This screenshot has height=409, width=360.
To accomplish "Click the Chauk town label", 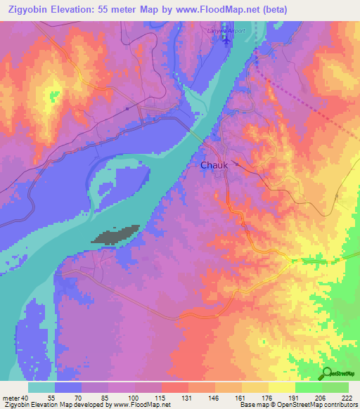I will (x=214, y=165).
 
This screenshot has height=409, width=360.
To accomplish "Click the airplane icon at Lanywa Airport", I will (x=226, y=40).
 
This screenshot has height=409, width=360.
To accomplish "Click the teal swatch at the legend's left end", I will (x=41, y=387).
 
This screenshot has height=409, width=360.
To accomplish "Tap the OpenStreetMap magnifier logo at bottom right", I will (x=328, y=373).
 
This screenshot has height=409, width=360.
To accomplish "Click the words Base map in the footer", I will (x=254, y=405).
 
